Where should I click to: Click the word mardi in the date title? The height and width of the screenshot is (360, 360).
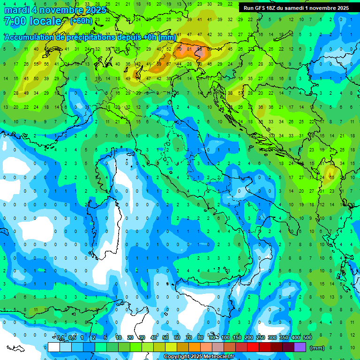pos(16,10)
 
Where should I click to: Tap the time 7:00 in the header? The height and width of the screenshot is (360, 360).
pos(14,22)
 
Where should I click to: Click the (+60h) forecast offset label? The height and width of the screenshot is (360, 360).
pos(81,21)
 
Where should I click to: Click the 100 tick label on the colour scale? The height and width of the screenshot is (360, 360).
pos(225,338)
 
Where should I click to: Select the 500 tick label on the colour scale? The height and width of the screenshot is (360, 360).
pos(307,338)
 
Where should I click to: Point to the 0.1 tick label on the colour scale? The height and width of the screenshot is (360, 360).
pos(60,338)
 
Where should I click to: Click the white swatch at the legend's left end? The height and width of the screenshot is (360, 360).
pos(54,347)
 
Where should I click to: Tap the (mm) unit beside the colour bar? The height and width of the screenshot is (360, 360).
pos(317,348)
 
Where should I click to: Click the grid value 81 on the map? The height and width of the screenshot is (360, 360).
pos(189,49)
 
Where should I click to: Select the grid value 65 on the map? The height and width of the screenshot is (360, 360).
pos(331,178)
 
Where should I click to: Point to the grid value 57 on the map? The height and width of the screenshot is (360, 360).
pos(240,93)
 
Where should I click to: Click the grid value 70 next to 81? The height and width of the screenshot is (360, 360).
pos(179,49)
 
